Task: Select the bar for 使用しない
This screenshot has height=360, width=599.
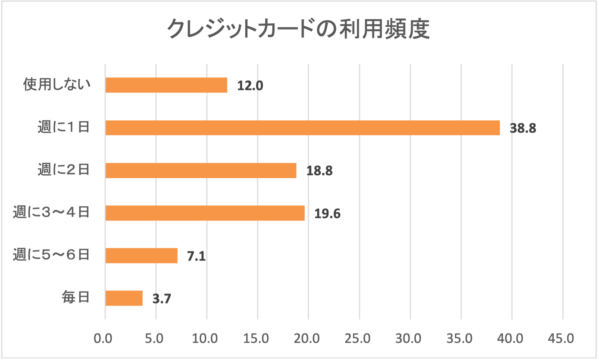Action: [166, 85]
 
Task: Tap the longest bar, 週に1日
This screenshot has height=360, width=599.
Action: [303, 128]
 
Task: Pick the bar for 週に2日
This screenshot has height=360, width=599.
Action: [201, 170]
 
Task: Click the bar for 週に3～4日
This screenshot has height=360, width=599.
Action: [205, 213]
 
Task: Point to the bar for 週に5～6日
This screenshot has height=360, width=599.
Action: [141, 255]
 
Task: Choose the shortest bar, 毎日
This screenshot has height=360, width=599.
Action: [124, 298]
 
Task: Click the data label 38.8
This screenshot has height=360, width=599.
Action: [523, 128]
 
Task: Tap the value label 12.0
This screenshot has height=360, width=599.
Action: [250, 86]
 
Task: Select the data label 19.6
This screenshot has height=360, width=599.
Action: [327, 214]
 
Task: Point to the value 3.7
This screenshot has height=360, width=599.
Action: [162, 299]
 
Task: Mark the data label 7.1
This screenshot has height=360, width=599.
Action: [196, 256]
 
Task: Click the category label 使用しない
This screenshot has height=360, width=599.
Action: [57, 84]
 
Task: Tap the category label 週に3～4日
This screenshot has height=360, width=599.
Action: [51, 212]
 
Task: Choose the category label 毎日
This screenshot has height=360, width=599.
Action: [75, 298]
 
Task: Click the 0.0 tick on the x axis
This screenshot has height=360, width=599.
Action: [103, 338]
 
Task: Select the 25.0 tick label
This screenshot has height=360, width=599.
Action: [357, 338]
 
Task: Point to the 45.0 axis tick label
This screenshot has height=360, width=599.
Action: [561, 338]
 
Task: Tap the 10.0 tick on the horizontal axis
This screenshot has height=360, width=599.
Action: [205, 338]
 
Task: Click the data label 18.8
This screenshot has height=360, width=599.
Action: [319, 171]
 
